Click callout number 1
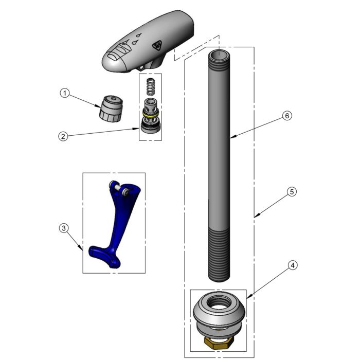(x=64, y=93)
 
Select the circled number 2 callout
(x=62, y=136)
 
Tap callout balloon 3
(x=63, y=227)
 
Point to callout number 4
(x=292, y=265)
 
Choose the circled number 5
(x=291, y=192)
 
